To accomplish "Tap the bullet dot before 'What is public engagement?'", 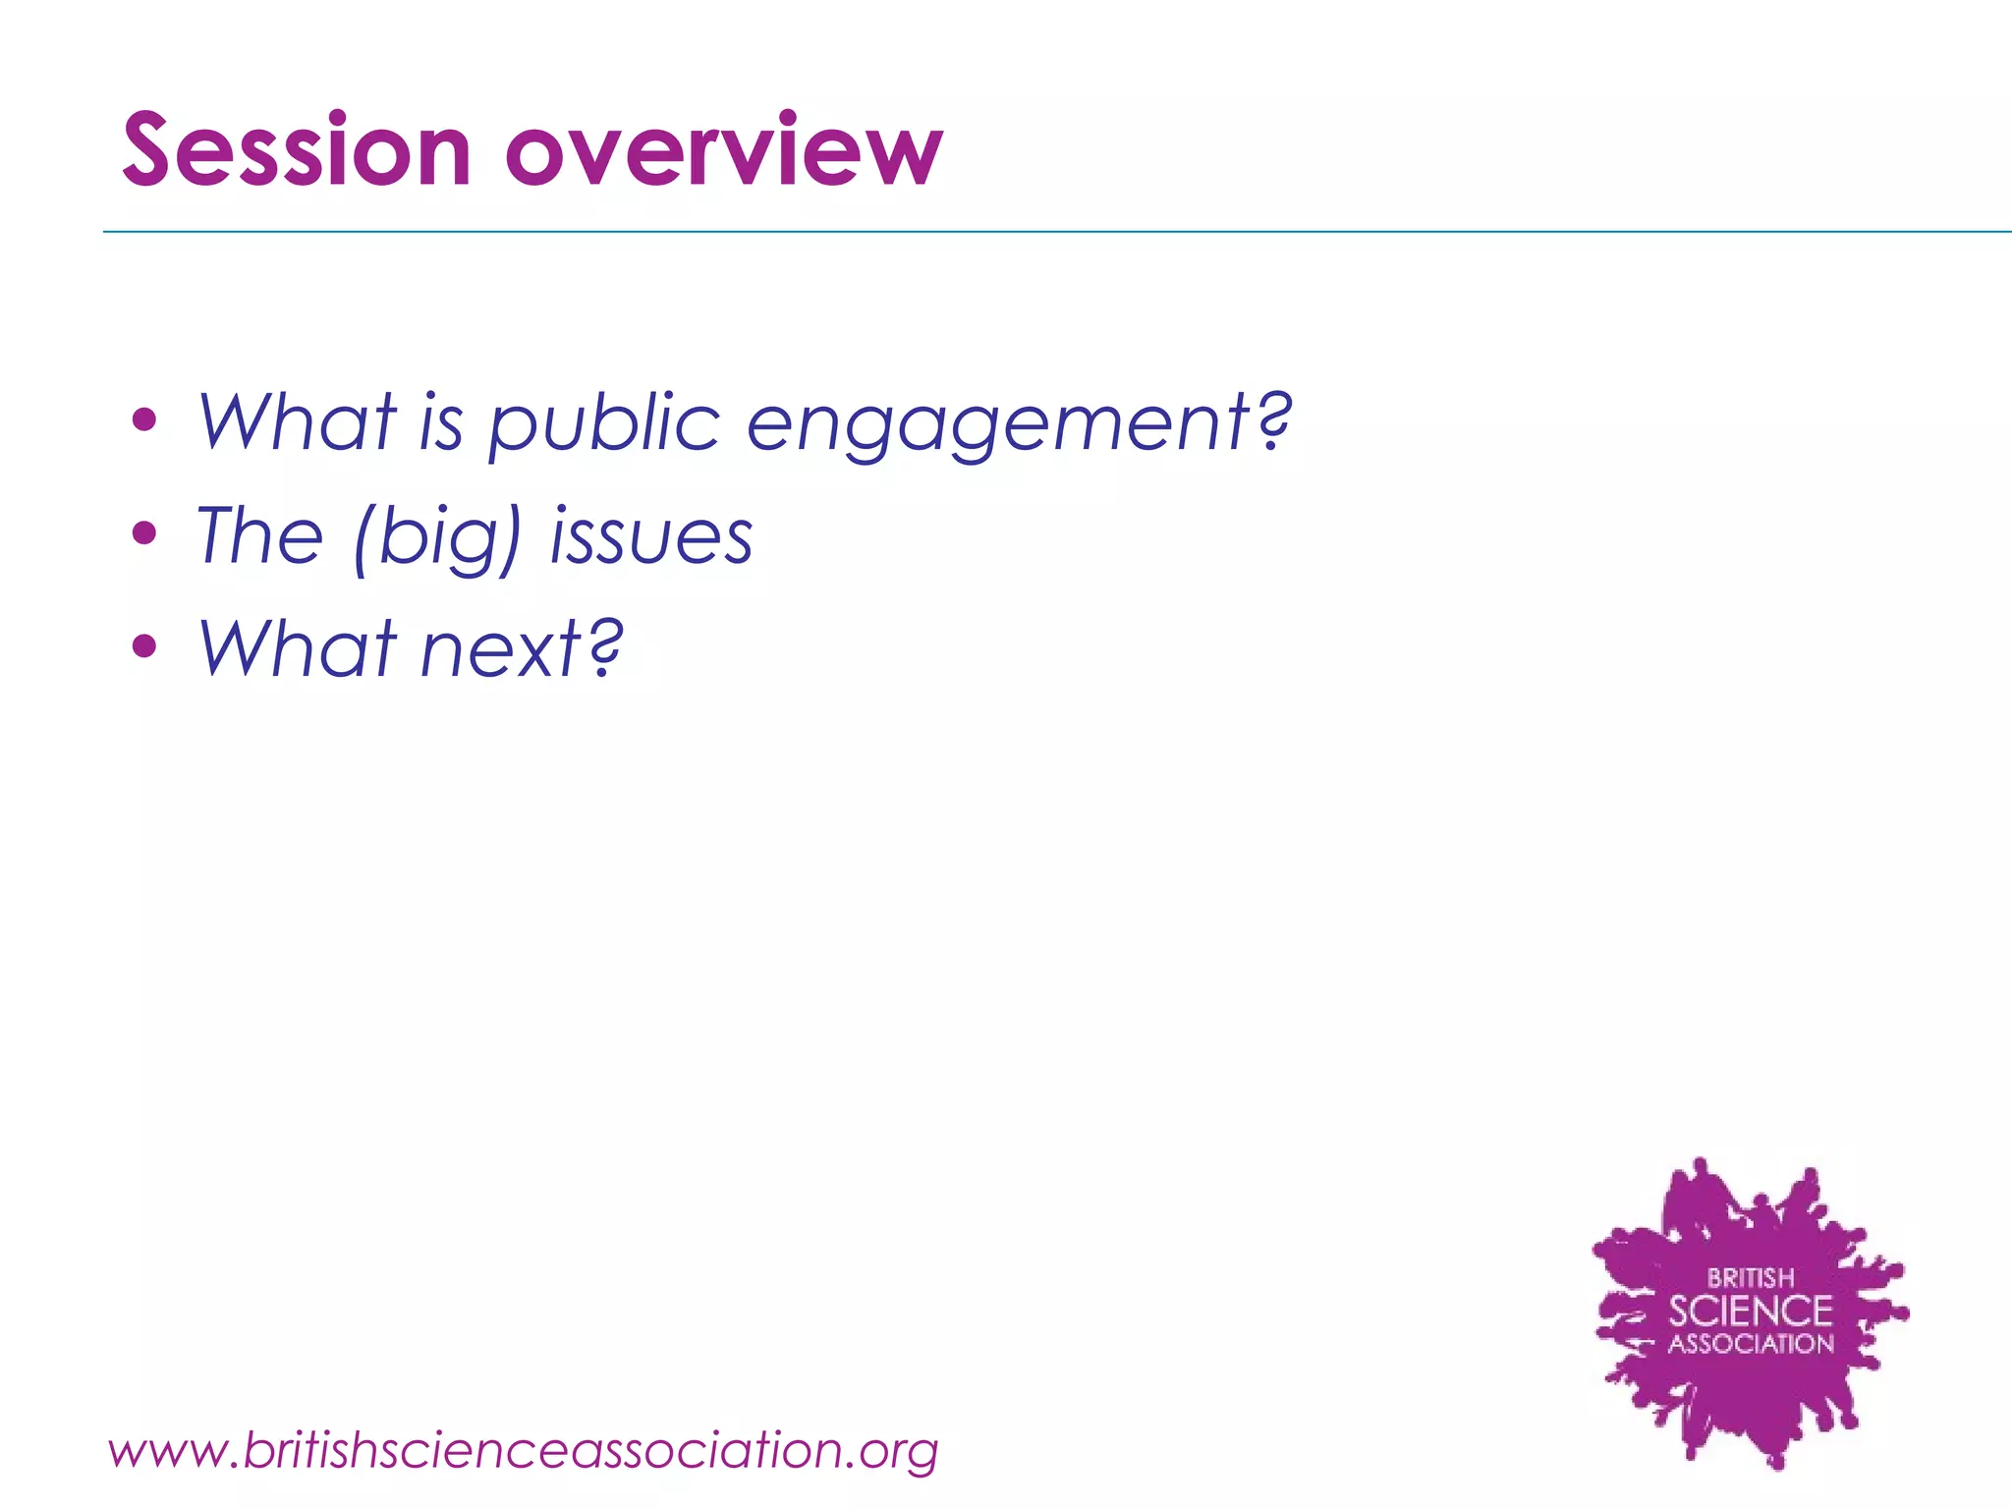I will tap(144, 421).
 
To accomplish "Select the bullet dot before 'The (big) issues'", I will tap(144, 534).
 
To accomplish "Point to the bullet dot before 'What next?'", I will tap(144, 646).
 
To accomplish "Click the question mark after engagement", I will tap(1273, 419).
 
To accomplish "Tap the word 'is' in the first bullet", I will tap(441, 422).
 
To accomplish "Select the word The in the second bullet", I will tap(260, 535).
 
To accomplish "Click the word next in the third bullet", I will tap(501, 649).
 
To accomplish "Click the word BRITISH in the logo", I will tap(1751, 1278).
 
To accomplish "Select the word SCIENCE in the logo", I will tap(1751, 1312).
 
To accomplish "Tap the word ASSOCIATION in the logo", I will tap(1751, 1344).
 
